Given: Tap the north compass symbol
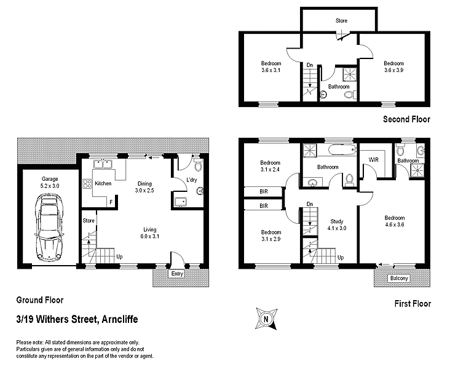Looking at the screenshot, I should (x=266, y=319).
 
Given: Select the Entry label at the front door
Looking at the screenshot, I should (x=178, y=274).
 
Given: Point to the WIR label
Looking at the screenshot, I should (x=374, y=160).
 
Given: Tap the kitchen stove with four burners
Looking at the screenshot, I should (x=87, y=183).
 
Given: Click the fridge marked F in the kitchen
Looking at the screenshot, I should (x=111, y=201).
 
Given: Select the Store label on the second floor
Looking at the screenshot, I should (x=341, y=21).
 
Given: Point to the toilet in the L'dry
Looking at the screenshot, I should (x=197, y=166).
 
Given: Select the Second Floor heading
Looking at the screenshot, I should (x=406, y=119).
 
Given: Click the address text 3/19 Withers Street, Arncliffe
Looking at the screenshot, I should (x=77, y=319).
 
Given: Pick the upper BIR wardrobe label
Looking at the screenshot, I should (x=262, y=192).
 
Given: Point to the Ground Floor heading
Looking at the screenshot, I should (x=39, y=301).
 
